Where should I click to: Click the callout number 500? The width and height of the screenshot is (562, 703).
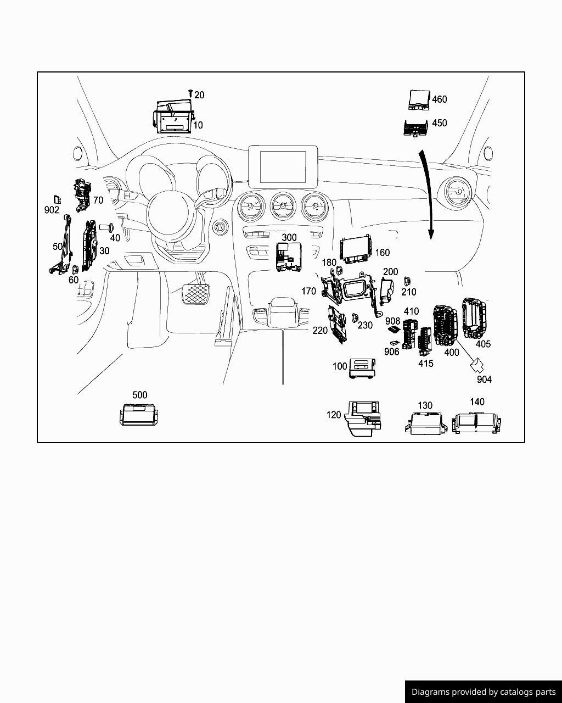[x=140, y=395]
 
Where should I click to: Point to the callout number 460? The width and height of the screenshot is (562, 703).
[x=440, y=99]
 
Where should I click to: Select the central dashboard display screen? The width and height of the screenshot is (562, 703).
[x=283, y=165]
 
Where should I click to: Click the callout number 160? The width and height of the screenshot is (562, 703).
[x=382, y=253]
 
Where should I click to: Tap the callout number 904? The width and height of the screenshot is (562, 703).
[x=484, y=380]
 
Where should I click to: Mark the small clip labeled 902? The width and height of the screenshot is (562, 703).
[x=56, y=199]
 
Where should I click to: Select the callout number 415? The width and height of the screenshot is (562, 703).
[x=425, y=364]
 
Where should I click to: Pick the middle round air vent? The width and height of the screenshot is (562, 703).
[x=283, y=208]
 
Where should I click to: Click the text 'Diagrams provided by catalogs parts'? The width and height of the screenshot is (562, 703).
[x=484, y=692]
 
